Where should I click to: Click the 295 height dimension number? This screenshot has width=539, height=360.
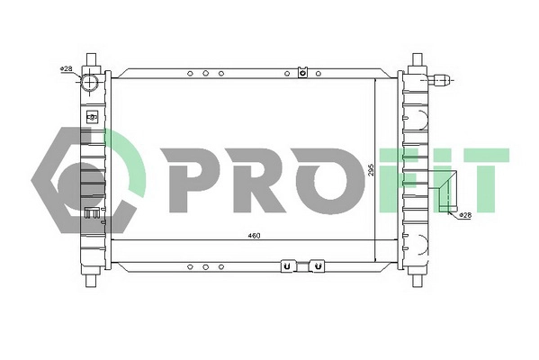click(372, 171)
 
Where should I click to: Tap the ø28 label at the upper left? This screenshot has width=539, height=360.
click(67, 68)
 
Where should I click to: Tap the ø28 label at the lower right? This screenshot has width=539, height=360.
click(464, 216)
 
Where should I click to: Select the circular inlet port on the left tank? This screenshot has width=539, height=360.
click(91, 83)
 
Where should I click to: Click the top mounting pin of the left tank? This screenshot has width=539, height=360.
click(91, 60)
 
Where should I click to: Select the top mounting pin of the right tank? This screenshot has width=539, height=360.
click(416, 60)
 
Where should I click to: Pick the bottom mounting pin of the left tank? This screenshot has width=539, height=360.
click(91, 279)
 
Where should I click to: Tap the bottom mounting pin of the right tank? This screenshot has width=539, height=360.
click(416, 279)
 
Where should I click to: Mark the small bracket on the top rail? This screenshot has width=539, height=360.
click(303, 72)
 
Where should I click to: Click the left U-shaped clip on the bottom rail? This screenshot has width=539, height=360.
click(286, 266)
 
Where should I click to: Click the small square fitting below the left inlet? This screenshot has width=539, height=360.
click(91, 116)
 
